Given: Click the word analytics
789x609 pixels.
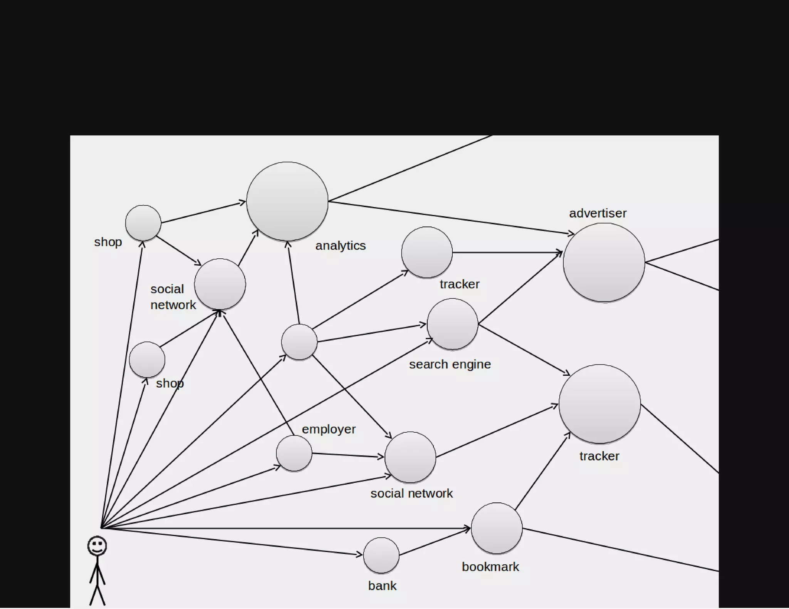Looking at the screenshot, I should [341, 246].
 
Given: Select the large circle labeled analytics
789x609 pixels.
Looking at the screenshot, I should [287, 201].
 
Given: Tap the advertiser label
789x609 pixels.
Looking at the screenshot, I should [598, 213].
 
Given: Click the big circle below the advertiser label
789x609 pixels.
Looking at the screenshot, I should [604, 263].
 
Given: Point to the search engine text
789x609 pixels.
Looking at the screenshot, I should [450, 364].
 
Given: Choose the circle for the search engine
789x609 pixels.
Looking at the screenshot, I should [452, 324].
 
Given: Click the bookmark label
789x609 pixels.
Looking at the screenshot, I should [490, 567].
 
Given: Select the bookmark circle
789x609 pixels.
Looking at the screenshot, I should [497, 528].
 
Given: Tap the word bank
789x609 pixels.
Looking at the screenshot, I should [382, 586].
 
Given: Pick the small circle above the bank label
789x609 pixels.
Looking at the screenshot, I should [381, 555].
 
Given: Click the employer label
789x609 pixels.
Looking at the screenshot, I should [329, 429].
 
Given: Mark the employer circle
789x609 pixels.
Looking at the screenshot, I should [294, 453].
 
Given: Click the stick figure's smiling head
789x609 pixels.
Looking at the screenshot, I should [97, 546].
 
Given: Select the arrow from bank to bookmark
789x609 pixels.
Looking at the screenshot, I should [435, 542].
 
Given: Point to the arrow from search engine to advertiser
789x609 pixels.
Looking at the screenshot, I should [520, 288].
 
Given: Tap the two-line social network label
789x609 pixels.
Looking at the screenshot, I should [173, 297].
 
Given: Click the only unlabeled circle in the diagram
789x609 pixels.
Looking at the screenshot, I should [299, 342].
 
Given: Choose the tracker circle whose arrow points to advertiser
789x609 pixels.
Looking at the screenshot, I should [426, 252].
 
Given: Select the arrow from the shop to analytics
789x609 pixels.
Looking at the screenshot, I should [203, 212].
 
